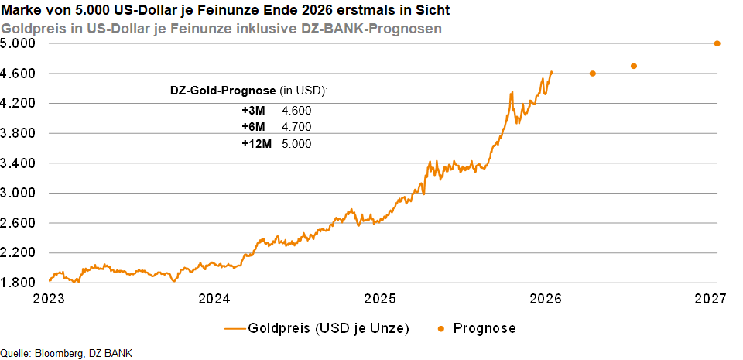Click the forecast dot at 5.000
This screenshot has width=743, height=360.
point(717,43)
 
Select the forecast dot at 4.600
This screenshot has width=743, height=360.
point(593,74)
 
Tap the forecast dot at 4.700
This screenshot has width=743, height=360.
point(634,66)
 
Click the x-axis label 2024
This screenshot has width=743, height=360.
point(214,299)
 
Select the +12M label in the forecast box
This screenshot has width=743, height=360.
point(256,144)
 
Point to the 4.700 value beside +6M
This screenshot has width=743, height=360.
point(296,127)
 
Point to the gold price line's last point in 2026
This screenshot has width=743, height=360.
point(551,71)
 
